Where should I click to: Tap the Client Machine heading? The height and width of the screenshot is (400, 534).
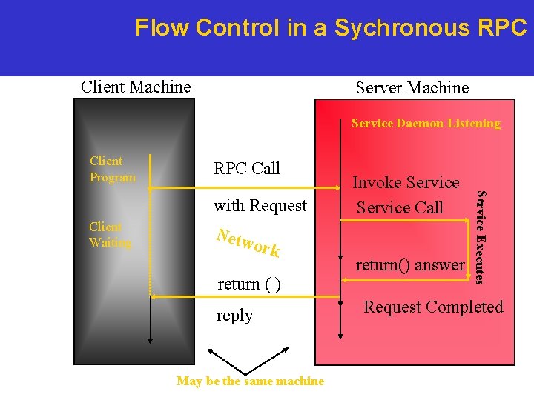tap(136, 87)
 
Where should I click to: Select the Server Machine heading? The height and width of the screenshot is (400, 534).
tap(412, 87)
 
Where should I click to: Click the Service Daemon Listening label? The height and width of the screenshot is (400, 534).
tap(426, 124)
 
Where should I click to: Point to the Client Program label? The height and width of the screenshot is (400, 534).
tap(112, 169)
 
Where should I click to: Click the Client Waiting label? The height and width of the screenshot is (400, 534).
tap(110, 235)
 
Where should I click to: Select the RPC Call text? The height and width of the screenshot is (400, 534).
tap(247, 168)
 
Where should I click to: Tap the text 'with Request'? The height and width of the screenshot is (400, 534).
tap(260, 205)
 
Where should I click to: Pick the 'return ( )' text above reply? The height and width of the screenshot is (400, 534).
tap(248, 284)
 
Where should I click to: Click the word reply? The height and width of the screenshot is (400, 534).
tap(234, 316)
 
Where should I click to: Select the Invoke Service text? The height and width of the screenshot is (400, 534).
tap(406, 182)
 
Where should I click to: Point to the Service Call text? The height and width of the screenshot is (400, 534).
tap(400, 207)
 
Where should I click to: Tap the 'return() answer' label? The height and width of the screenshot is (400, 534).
tap(410, 264)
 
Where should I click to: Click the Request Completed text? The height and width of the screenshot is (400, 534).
tap(433, 307)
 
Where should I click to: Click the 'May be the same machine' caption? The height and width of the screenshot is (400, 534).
tap(250, 381)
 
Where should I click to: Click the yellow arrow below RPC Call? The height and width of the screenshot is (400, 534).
tap(245, 189)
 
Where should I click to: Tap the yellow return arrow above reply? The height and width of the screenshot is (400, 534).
tap(245, 296)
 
